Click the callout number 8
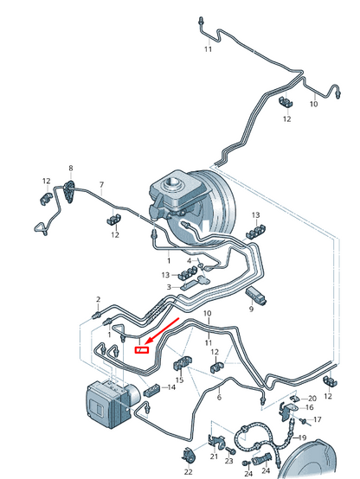click(71, 168)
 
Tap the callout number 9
click(251, 310)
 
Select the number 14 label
click(171, 387)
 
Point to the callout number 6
click(219, 398)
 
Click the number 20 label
click(312, 399)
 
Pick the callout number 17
click(318, 419)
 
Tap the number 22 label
click(189, 472)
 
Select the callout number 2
click(98, 299)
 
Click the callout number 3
click(169, 287)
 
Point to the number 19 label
click(302, 437)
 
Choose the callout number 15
click(179, 380)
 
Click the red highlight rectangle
click(142, 350)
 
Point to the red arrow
click(163, 330)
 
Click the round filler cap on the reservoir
click(172, 183)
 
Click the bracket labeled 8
click(69, 192)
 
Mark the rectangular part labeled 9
click(255, 296)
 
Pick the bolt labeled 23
click(229, 450)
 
